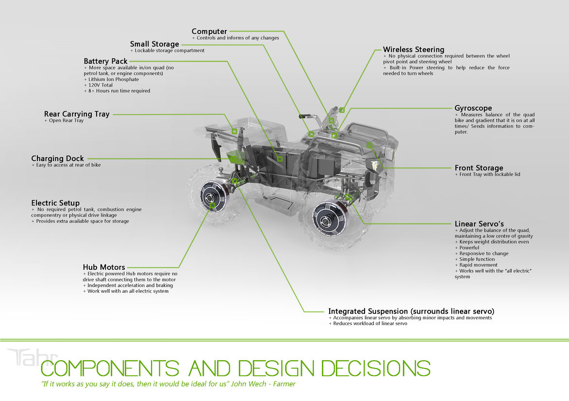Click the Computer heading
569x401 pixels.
pyautogui.click(x=209, y=32)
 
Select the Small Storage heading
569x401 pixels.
pyautogui.click(x=154, y=44)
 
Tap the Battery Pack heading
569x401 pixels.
pyautogui.click(x=105, y=61)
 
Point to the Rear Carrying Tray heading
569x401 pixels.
pyautogui.click(x=77, y=114)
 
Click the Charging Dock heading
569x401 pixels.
pyautogui.click(x=57, y=159)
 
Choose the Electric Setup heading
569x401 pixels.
pyautogui.click(x=55, y=203)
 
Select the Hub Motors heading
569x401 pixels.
pyautogui.click(x=104, y=267)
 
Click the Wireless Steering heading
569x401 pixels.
pyautogui.click(x=413, y=50)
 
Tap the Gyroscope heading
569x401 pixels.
pyautogui.click(x=473, y=108)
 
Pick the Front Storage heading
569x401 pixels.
pyautogui.click(x=479, y=168)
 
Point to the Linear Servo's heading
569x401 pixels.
pyautogui.click(x=479, y=224)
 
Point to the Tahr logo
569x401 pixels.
pyautogui.click(x=32, y=358)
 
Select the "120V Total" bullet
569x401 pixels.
pyautogui.click(x=100, y=85)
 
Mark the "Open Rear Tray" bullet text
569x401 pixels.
pyautogui.click(x=66, y=120)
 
